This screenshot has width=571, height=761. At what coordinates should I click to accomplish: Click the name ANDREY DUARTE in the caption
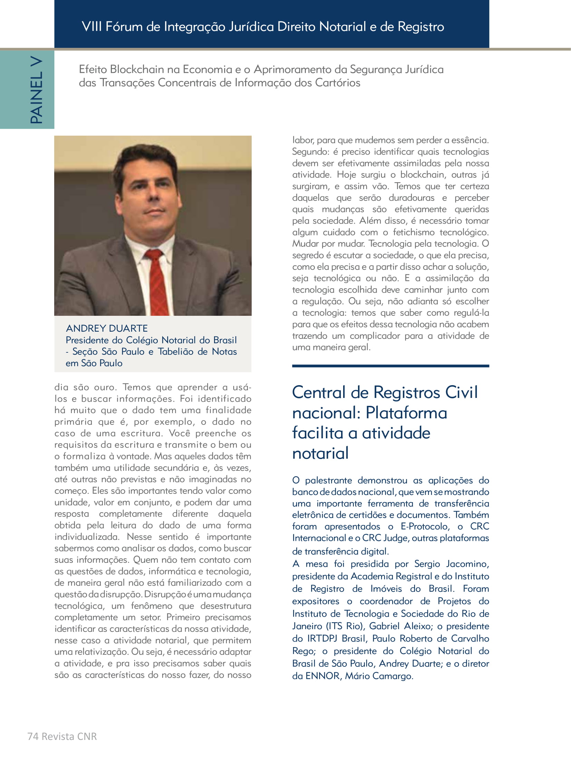pos(107,328)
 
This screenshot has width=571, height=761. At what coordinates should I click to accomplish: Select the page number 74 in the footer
pos(33,736)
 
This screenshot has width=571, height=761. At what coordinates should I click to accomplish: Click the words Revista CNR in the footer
pos(69,736)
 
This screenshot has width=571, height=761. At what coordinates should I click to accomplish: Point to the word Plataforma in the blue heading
pos(406,413)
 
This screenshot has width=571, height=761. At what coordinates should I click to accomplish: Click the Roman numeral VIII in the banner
pos(91,27)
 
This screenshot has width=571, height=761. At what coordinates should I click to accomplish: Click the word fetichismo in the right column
pos(413,232)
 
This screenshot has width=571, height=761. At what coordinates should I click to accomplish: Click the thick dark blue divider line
pos(390,366)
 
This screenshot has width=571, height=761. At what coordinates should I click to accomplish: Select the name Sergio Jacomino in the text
pos(451,564)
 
